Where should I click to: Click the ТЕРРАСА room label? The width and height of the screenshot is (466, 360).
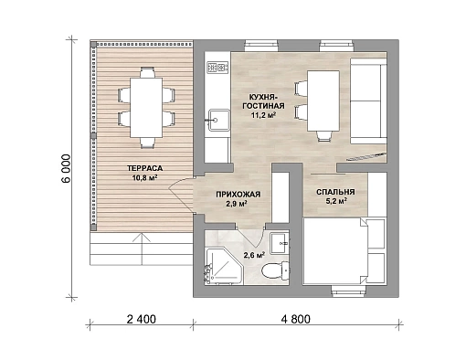tap(144, 168)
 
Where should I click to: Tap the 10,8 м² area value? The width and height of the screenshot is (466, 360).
tap(144, 178)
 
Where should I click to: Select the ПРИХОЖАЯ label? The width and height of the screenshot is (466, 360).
tap(238, 195)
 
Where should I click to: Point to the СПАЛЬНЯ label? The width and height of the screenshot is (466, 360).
tap(335, 192)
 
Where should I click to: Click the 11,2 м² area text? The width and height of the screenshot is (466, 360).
tap(264, 115)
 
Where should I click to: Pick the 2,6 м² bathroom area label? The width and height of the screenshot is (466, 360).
tap(254, 255)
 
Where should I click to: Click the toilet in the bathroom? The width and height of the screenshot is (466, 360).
tap(275, 270)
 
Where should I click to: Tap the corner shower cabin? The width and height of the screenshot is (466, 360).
tap(224, 267)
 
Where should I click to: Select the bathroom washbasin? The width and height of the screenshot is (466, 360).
tap(280, 243)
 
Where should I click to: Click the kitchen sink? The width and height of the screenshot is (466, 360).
tap(218, 120)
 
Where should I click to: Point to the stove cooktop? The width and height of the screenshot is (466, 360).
tap(217, 68)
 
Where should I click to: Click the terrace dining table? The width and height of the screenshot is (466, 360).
tap(146, 108)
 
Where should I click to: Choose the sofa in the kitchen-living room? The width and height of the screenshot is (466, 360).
tap(368, 101)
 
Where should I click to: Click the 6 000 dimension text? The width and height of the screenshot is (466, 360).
tap(66, 168)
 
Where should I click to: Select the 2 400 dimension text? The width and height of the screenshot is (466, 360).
tap(141, 319)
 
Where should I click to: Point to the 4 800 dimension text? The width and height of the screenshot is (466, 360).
tap(296, 319)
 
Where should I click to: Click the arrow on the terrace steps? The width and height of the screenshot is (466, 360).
tap(142, 249)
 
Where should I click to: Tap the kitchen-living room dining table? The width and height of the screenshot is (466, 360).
tap(323, 101)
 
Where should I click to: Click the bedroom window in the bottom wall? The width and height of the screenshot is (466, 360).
tap(349, 291)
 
